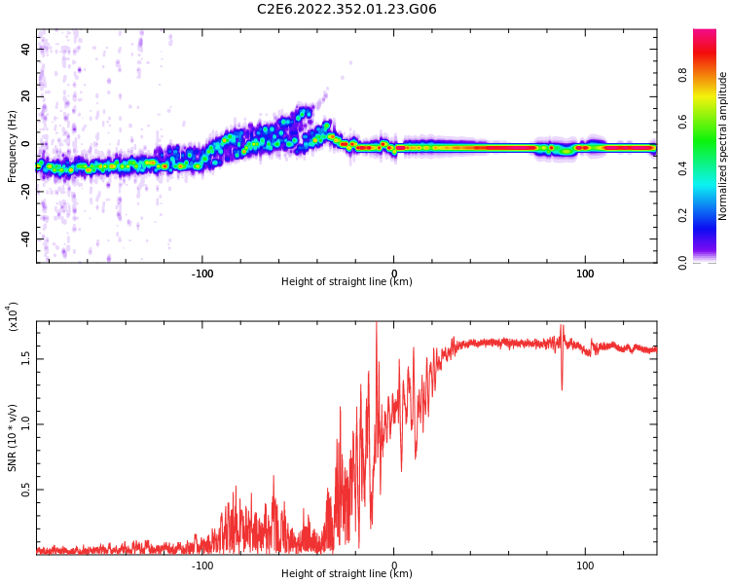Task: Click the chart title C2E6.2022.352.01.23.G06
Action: [347, 10]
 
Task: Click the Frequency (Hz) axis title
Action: [12, 146]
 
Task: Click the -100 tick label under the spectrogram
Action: [202, 274]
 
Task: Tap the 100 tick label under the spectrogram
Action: [585, 274]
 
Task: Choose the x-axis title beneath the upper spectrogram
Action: [347, 282]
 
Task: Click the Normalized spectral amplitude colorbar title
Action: [723, 146]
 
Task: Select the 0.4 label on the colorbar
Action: [710, 168]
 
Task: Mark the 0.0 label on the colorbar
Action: [710, 262]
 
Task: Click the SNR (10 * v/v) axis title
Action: [12, 439]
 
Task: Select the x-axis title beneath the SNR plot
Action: [347, 574]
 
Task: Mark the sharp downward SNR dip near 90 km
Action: [562, 387]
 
